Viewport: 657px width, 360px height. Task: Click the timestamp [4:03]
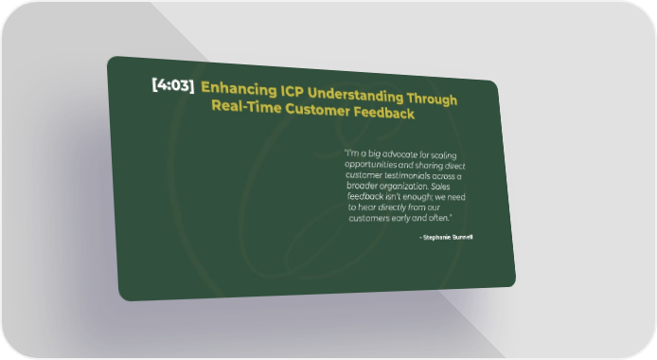[x=173, y=85]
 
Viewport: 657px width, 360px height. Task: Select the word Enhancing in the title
[x=239, y=89]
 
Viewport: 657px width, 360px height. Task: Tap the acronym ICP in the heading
[x=292, y=91]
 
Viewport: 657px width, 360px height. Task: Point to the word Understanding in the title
[x=355, y=95]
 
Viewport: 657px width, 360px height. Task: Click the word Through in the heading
[x=432, y=99]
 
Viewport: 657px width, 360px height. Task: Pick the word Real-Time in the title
[x=246, y=106]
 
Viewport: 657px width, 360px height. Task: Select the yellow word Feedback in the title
[x=384, y=113]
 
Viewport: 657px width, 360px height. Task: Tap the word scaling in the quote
[x=444, y=155]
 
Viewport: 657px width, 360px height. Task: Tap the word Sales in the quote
[x=440, y=187]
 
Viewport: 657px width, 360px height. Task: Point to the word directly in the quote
[x=392, y=207]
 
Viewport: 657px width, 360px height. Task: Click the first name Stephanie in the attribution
[x=436, y=238]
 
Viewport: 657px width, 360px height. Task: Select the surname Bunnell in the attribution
[x=462, y=237]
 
